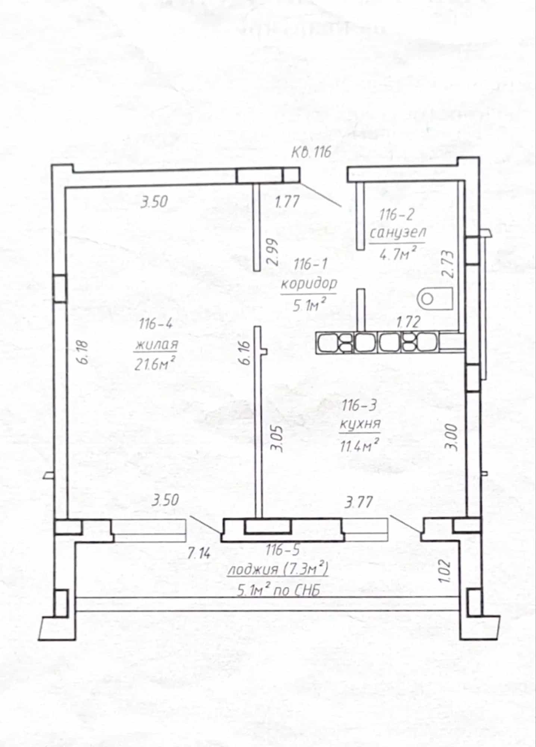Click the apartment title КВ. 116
click(311, 152)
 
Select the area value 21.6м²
click(155, 363)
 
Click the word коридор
click(309, 284)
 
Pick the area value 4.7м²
click(398, 254)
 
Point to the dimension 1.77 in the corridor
click(287, 202)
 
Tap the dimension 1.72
click(408, 322)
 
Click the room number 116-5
click(283, 550)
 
